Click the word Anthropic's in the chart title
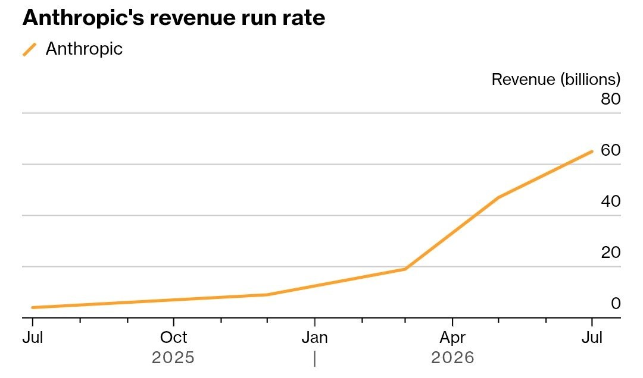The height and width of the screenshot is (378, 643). (x=83, y=18)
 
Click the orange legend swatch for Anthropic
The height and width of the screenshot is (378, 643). (x=30, y=49)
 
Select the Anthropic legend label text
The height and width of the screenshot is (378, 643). (x=84, y=49)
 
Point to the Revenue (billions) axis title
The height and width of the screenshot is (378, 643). (x=556, y=80)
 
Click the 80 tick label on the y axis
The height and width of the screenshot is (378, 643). (x=611, y=99)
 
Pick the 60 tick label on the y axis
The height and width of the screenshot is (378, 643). (x=611, y=150)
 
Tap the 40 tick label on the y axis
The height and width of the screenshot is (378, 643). (x=611, y=201)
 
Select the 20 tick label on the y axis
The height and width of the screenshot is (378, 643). (x=611, y=252)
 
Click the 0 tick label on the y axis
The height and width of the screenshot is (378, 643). (x=616, y=304)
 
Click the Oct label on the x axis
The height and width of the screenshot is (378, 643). (x=173, y=338)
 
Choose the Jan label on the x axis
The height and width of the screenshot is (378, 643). (x=314, y=338)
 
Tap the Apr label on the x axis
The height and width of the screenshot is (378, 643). (x=452, y=338)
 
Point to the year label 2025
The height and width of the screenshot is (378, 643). (x=173, y=358)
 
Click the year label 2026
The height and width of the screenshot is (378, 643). (x=452, y=358)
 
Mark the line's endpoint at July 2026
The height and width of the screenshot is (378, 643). (x=592, y=152)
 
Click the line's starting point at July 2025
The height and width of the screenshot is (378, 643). (x=33, y=307)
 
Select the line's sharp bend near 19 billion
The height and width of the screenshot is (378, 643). (x=405, y=269)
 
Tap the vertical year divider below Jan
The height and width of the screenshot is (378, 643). (x=314, y=359)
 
